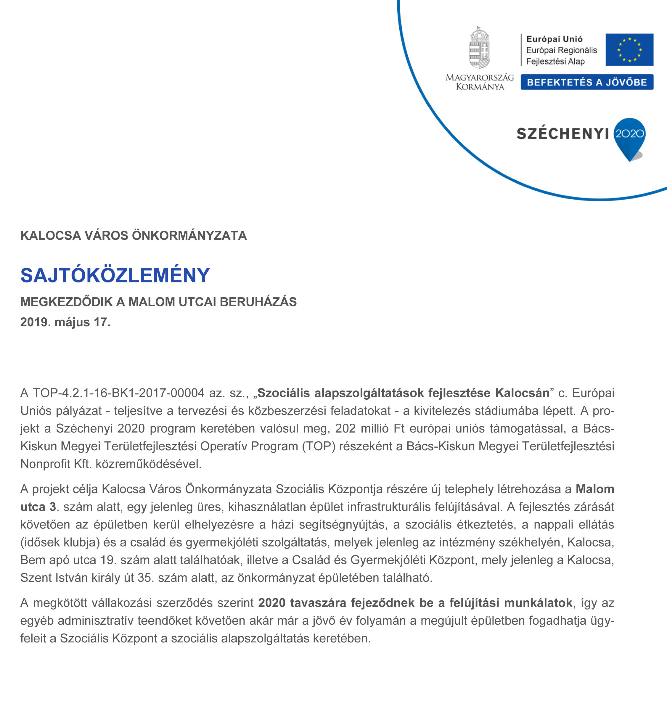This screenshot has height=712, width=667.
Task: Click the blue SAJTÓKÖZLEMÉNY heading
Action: click(x=115, y=275)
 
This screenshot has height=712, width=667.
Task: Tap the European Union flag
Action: click(x=629, y=50)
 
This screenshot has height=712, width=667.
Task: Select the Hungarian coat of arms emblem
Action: click(x=479, y=48)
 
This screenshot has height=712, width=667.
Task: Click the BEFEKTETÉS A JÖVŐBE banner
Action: click(x=587, y=82)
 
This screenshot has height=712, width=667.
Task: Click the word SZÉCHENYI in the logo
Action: click(x=562, y=134)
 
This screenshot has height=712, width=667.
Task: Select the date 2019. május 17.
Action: click(x=65, y=322)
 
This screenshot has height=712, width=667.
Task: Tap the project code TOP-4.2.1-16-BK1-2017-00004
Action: click(x=119, y=393)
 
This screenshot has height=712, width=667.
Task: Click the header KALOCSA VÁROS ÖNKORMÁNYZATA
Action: click(x=133, y=235)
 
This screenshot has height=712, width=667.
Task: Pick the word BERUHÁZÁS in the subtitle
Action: click(x=258, y=302)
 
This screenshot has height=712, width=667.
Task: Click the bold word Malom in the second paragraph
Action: click(x=595, y=489)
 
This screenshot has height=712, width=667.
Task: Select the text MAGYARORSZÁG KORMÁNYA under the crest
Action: click(x=480, y=82)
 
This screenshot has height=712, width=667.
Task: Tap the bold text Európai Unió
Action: click(x=554, y=39)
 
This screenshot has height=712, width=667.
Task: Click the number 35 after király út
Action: click(x=145, y=578)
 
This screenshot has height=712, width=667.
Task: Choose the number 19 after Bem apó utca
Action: click(x=107, y=560)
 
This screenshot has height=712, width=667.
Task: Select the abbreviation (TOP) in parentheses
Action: click(x=319, y=446)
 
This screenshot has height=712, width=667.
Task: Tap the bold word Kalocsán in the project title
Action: click(x=522, y=393)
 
